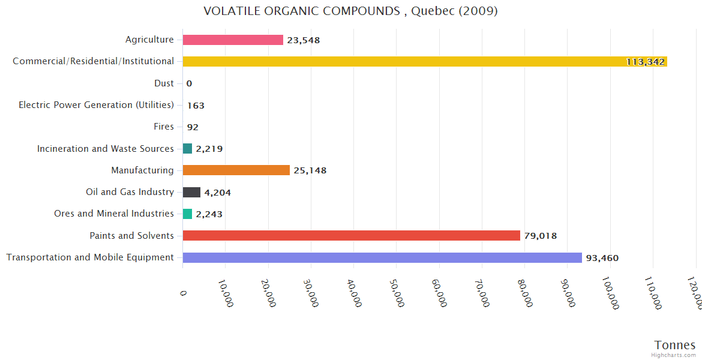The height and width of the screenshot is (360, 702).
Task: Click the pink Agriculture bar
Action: tap(233, 40)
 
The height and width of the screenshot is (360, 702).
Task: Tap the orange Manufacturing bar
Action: tap(236, 170)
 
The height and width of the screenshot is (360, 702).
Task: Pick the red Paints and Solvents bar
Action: tap(352, 236)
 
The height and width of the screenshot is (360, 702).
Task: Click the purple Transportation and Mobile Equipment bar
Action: tap(382, 257)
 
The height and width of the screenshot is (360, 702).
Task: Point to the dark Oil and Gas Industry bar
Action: tap(191, 192)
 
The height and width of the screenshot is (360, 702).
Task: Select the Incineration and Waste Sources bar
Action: tap(188, 149)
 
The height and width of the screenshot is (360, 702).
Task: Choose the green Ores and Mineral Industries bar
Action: tap(188, 214)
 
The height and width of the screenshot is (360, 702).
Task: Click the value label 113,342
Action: tap(646, 62)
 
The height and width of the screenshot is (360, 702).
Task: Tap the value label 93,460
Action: tap(602, 258)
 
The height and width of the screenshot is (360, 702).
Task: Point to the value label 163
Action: tap(196, 106)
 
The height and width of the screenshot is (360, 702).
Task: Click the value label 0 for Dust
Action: tap(189, 83)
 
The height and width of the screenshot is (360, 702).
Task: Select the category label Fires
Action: tap(164, 127)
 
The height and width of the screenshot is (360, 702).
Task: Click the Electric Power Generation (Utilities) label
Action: tap(96, 105)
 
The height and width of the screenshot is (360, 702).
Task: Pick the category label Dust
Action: tap(164, 83)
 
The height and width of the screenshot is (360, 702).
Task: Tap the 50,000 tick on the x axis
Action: tap(397, 292)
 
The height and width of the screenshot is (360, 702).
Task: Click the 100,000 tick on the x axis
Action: tap(610, 293)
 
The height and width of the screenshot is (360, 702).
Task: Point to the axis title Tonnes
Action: tap(675, 345)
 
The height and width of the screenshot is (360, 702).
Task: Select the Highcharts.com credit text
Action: tap(674, 355)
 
